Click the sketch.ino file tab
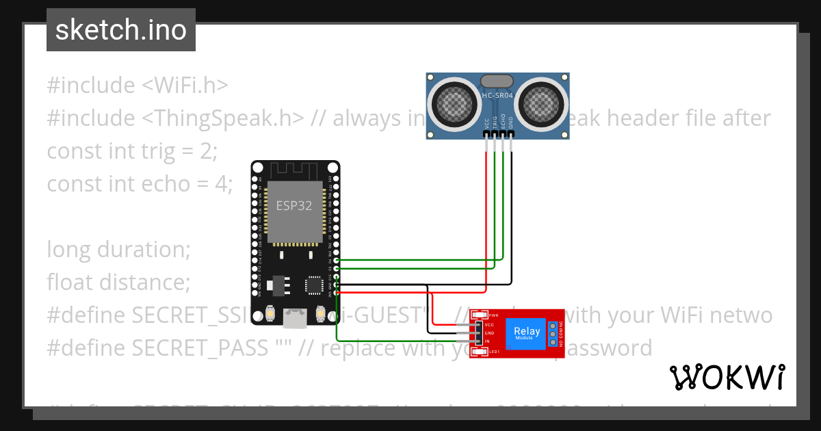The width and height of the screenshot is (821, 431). (121, 30)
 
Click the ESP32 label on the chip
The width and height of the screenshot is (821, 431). (294, 205)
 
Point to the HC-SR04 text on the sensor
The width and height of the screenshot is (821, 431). (497, 96)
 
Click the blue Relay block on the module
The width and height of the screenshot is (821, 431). (526, 333)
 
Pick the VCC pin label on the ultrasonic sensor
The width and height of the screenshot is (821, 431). (486, 124)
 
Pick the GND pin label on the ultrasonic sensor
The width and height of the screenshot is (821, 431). (511, 124)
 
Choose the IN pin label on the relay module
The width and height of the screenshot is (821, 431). (487, 341)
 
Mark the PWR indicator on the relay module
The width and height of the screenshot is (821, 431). (493, 315)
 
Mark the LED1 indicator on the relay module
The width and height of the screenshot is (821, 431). (493, 352)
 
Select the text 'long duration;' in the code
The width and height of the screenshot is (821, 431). (118, 249)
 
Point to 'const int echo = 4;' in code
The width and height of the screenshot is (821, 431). (140, 183)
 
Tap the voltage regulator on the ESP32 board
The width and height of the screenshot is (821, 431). (277, 283)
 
